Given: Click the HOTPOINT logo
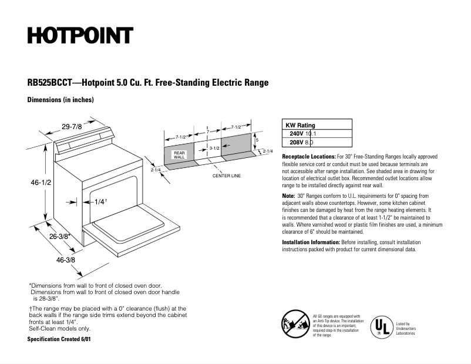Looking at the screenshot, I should (x=80, y=36).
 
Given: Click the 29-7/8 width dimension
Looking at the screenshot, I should (x=71, y=126).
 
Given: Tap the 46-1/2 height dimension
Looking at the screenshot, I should (x=41, y=183).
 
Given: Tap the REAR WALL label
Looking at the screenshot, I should (x=179, y=155).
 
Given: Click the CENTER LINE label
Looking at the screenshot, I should (x=226, y=176).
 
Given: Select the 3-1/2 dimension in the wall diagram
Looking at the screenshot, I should (x=214, y=149).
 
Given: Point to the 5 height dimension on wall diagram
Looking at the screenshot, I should (x=257, y=140).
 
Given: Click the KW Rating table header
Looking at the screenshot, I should (x=300, y=125).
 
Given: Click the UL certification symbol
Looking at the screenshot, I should (x=381, y=326).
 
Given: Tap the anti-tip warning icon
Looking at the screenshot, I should (x=295, y=325).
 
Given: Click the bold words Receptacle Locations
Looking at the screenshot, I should (x=309, y=157).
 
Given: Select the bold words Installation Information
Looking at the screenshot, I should (x=311, y=242).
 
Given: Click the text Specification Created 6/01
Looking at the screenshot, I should (x=59, y=339).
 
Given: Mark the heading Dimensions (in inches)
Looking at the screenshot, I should (x=60, y=100).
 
